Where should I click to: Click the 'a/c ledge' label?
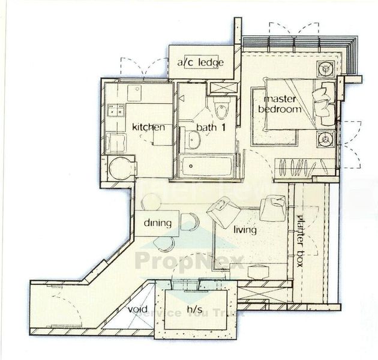pos(200,62)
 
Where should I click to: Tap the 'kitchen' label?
pos(148,127)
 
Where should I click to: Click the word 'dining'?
pos(158,223)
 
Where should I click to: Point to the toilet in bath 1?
pos(221,111)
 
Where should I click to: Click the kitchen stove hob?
pos(115,110)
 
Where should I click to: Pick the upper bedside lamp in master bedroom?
pos(327,68)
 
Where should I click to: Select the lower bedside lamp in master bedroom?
pos(326,140)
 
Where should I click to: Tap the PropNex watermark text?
pos(189,261)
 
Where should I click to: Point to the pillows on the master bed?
pos(325,104)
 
